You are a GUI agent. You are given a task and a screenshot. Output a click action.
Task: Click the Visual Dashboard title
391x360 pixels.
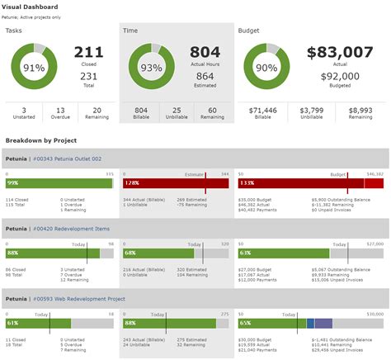pyautogui.click(x=34, y=6)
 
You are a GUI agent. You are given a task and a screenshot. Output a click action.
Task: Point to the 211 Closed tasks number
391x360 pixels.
pyautogui.click(x=88, y=53)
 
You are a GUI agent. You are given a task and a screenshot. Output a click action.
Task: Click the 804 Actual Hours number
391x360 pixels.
pyautogui.click(x=205, y=53)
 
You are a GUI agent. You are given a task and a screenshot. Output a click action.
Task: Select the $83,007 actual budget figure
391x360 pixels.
pyautogui.click(x=340, y=53)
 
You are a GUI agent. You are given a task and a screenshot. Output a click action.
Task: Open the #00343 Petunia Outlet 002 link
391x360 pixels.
pyautogui.click(x=66, y=158)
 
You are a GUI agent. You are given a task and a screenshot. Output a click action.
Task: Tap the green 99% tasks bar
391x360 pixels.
pyautogui.click(x=58, y=182)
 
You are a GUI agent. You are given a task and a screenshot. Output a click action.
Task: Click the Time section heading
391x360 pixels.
pyautogui.click(x=131, y=30)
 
